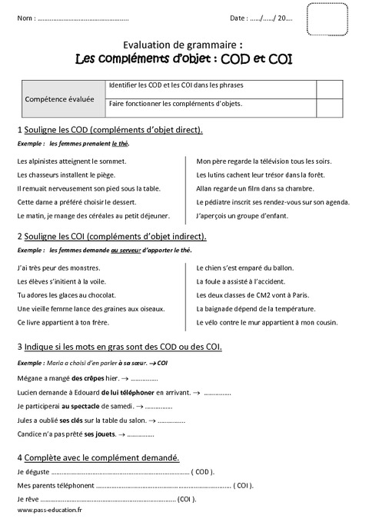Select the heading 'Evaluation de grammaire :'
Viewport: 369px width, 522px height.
pyautogui.click(x=184, y=45)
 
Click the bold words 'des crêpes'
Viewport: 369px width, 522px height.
pyautogui.click(x=88, y=378)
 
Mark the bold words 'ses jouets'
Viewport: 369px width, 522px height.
pyautogui.click(x=100, y=434)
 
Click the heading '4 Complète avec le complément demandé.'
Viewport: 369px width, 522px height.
pyautogui.click(x=98, y=458)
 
